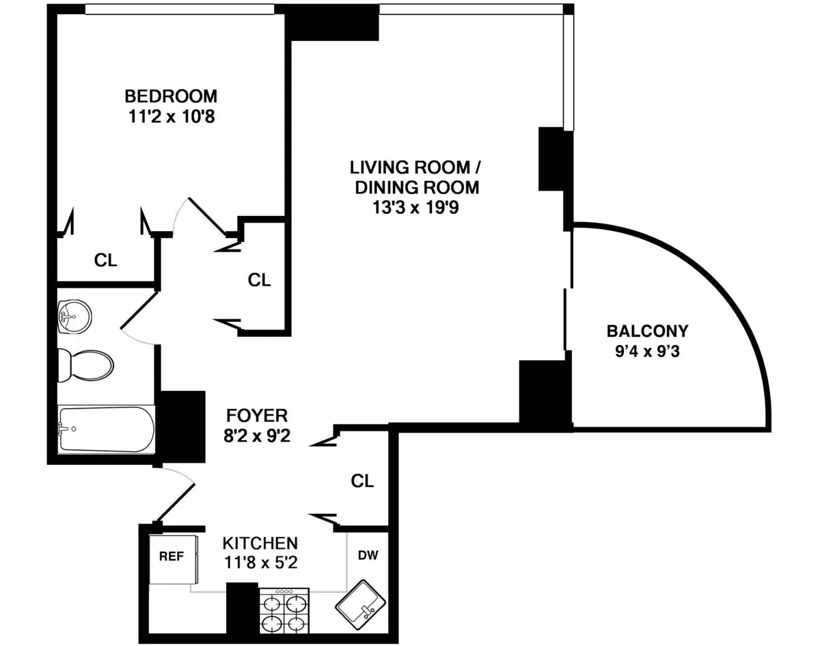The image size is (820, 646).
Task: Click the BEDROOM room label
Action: pos(171,95)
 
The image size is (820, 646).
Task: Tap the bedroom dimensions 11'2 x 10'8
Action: pos(171,116)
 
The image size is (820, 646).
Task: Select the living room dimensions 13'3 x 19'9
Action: pos(414,207)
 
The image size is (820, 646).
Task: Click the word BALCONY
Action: pos(647,332)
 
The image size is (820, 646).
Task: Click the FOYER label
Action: pos(257,415)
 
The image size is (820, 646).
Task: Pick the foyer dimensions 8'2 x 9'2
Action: pos(257,435)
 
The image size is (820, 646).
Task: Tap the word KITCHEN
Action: pos(260,543)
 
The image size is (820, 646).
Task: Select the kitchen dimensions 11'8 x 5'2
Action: pos(260,564)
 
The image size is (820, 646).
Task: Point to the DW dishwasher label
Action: pos(368,555)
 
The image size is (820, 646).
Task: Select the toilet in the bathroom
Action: pos(83,365)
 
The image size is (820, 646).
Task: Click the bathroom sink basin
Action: pos(74,317)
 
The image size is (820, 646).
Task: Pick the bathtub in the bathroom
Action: pos(106,429)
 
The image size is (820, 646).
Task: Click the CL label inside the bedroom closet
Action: pos(105,260)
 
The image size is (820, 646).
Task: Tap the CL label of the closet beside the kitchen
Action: pos(362,481)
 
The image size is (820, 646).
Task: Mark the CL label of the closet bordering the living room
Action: pos(260,280)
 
